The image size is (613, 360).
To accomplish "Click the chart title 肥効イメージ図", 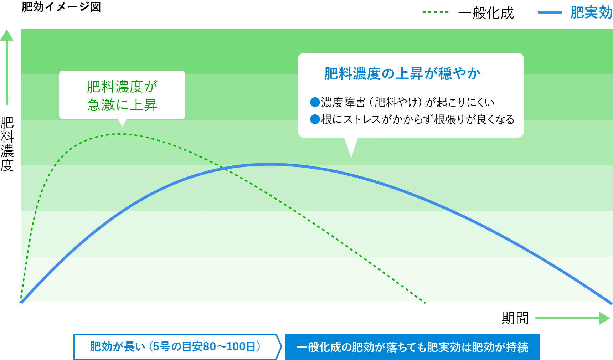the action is coord(61,7).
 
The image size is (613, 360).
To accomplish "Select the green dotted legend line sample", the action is coord(435,12).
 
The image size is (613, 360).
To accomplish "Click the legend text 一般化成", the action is coord(486,13).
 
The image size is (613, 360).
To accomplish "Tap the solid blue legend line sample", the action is coord(550,12).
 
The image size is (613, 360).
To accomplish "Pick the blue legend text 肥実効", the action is coord(591,12).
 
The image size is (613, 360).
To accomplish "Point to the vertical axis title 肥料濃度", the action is coord(7,144).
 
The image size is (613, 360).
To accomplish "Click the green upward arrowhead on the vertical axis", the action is coord(7,35).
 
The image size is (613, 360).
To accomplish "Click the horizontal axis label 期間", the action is coord(515,318).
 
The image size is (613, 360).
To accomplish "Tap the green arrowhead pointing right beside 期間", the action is coord(604,318).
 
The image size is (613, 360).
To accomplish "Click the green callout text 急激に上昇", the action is coord(122,105).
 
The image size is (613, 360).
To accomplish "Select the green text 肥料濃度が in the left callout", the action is coord(122,86).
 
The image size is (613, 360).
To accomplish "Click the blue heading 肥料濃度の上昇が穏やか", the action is coord(402,74).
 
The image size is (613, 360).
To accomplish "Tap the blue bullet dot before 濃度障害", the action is coord(315,102).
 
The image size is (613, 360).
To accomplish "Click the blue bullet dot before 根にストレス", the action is coord(315,119).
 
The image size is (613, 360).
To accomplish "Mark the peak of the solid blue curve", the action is coord(270,164).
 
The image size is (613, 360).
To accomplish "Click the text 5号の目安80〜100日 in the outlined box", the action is coord(206,346).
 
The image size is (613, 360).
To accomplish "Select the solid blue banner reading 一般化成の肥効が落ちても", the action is coord(412,347).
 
